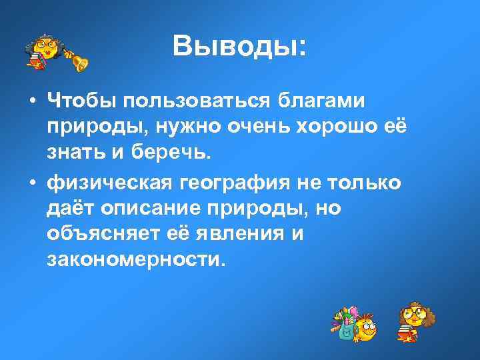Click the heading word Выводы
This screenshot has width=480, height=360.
coord(236,46)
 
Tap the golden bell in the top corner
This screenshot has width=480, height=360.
coord(79,61)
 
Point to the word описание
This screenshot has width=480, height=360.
coord(154,209)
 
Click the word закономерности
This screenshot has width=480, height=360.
coord(133,261)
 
